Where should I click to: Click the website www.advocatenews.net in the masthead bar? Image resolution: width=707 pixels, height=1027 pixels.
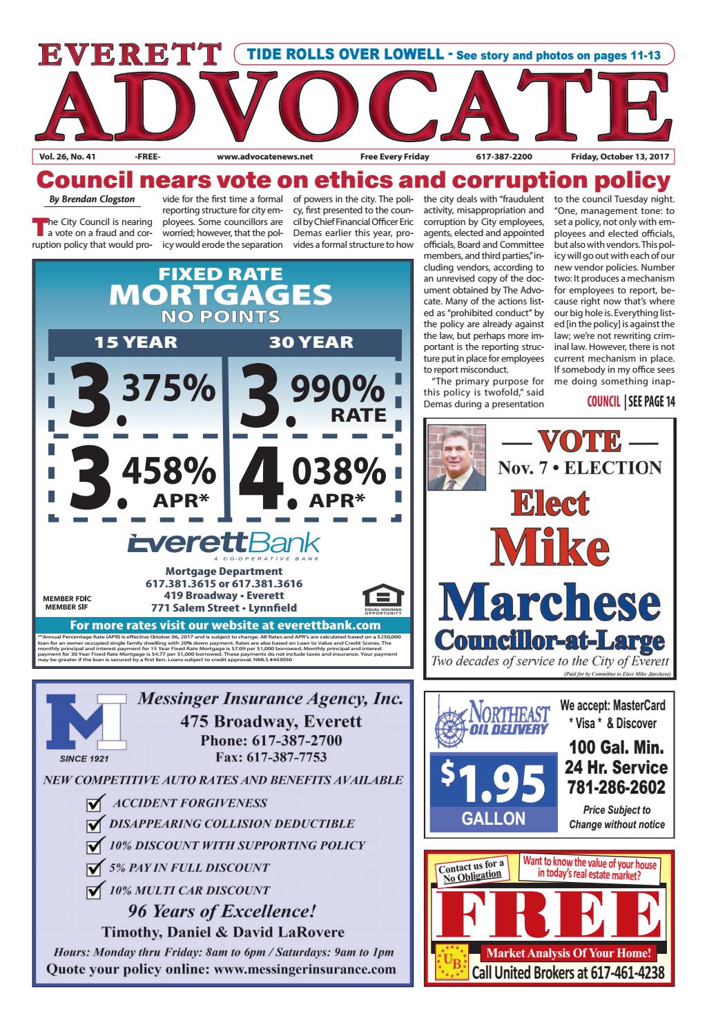coord(264,157)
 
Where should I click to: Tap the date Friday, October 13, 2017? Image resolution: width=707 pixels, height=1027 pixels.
coord(622,157)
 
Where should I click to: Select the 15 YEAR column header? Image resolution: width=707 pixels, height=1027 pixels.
coord(135,342)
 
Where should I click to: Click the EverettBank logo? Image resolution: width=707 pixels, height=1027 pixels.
coord(224,543)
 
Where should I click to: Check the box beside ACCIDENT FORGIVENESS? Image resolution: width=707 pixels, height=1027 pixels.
coord(94,804)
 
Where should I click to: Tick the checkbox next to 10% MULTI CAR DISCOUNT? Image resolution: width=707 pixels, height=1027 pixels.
coord(94,891)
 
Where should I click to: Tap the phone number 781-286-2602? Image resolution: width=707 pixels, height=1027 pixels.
coord(616,788)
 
